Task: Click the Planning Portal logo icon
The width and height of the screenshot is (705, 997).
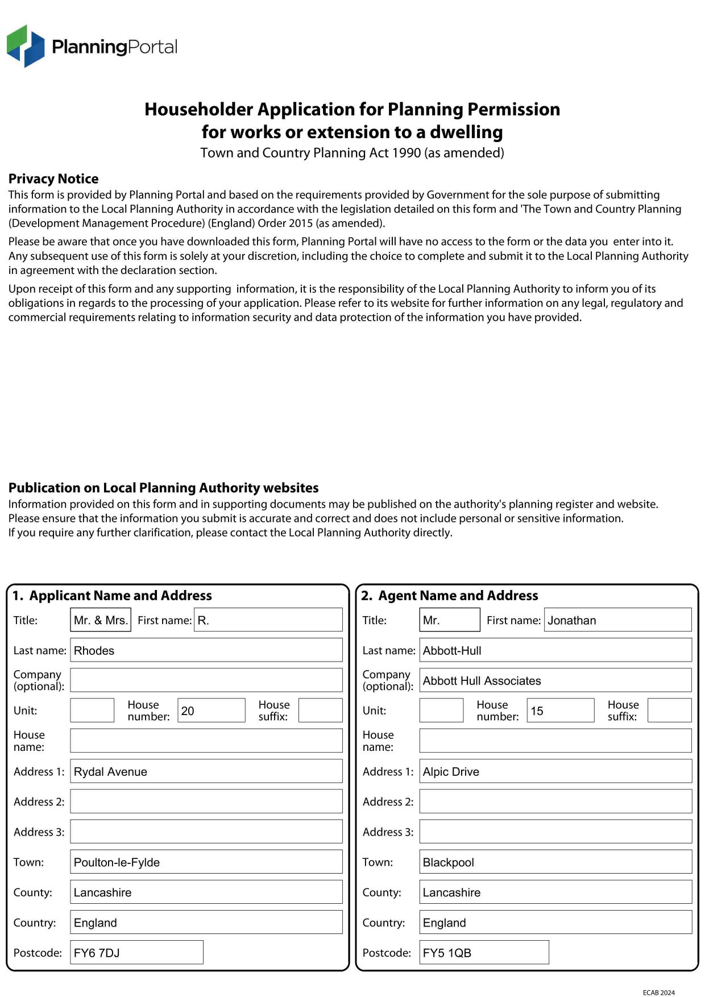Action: tap(26, 46)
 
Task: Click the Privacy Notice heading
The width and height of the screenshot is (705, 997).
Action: tap(53, 179)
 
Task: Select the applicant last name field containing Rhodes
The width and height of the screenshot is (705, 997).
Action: tap(206, 650)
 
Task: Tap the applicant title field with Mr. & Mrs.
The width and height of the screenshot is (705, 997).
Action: tap(101, 620)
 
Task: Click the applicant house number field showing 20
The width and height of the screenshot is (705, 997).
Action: tap(211, 711)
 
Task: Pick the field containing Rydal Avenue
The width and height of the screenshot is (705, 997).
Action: tap(206, 771)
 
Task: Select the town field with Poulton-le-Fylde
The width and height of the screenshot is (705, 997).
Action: tap(206, 862)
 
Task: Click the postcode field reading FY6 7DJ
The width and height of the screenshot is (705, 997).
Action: tap(136, 953)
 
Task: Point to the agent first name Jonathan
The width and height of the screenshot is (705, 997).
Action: tap(617, 620)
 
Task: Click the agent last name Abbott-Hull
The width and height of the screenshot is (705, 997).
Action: tap(555, 650)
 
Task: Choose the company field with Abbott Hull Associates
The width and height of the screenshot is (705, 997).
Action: tap(555, 680)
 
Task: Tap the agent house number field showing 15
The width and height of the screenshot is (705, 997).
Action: tap(560, 711)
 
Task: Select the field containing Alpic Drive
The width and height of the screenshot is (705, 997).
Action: tap(555, 771)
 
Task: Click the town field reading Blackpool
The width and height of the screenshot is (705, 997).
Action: tap(555, 862)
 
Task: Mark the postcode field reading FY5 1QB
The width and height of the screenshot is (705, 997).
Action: tap(484, 953)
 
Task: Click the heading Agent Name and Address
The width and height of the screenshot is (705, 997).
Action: tap(458, 596)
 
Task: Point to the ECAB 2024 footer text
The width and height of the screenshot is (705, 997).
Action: tap(658, 992)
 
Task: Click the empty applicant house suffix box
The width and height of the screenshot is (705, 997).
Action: tap(320, 711)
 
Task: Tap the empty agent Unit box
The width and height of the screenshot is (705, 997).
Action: tap(441, 711)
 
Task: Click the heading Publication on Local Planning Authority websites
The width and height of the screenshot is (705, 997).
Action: tap(163, 488)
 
